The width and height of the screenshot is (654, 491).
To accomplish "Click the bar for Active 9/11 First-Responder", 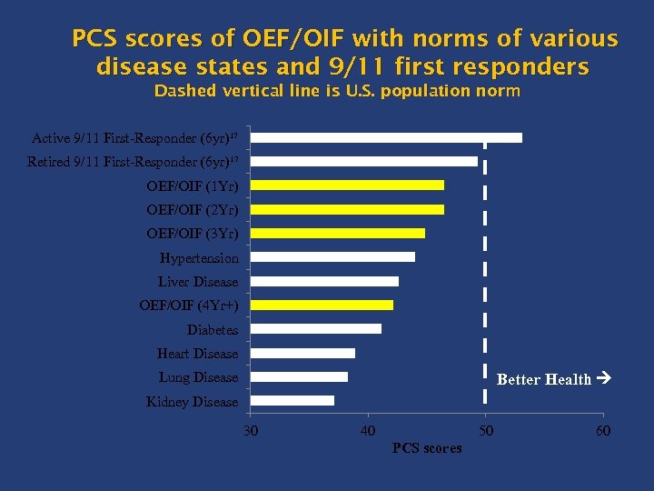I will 386,137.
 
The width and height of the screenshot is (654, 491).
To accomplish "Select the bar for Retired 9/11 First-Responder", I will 363,161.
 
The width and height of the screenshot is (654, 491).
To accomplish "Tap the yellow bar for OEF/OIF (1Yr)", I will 347,185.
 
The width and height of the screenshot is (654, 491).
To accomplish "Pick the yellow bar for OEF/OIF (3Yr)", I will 337,233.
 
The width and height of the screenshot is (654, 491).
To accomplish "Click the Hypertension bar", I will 332,257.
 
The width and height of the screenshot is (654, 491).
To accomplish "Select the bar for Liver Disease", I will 324,281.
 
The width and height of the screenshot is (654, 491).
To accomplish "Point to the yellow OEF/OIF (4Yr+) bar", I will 322,306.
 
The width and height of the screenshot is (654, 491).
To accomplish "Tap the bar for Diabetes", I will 315,329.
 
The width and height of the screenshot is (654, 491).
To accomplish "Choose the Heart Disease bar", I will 302,353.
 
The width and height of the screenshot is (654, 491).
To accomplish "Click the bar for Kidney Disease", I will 292,401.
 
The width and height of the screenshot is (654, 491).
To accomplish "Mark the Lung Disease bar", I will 299,376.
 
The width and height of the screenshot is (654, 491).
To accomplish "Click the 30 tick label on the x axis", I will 251,430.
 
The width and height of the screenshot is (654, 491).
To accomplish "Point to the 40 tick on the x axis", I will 368,430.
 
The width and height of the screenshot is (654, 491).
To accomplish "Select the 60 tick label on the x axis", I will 602,430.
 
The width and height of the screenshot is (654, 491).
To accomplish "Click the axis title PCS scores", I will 426,447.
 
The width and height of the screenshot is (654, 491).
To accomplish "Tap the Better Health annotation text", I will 544,380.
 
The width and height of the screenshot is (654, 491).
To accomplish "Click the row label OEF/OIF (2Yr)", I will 193,209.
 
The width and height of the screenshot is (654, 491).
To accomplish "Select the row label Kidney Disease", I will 192,401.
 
